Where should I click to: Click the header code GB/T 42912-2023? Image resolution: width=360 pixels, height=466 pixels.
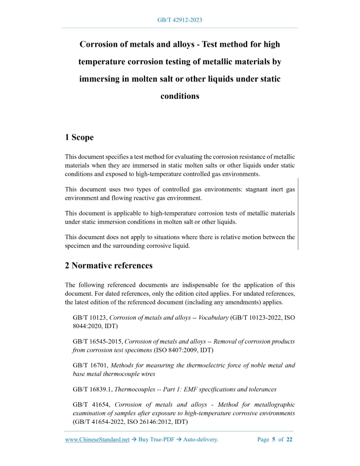pyautogui.click(x=179, y=20)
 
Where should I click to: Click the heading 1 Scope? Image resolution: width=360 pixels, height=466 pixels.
pyautogui.click(x=79, y=137)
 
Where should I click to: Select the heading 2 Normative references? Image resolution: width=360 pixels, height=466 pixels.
pyautogui.click(x=109, y=266)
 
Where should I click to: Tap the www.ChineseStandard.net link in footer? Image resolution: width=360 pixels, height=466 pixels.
pyautogui.click(x=97, y=440)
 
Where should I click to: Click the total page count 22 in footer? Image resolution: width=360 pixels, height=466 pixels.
pyautogui.click(x=290, y=440)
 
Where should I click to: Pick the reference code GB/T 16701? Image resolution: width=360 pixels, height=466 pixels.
pyautogui.click(x=90, y=366)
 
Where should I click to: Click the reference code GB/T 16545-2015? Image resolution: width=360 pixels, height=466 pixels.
pyautogui.click(x=98, y=342)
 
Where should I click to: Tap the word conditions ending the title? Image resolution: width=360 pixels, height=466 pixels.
pyautogui.click(x=179, y=96)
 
